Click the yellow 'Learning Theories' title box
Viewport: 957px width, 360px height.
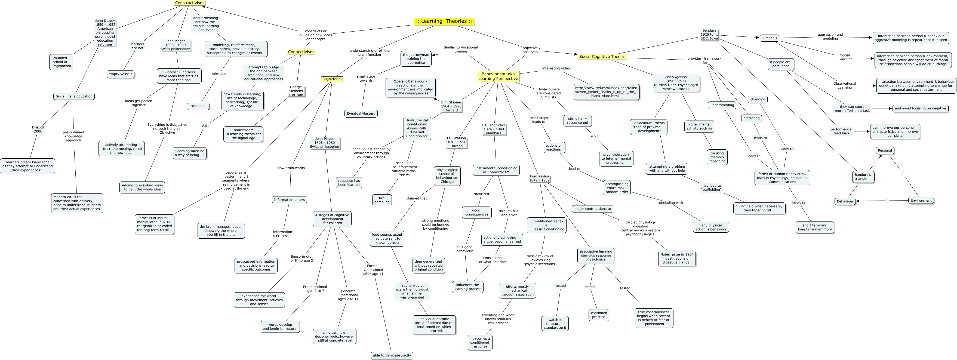(444, 21)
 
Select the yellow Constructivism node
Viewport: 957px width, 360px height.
(189, 3)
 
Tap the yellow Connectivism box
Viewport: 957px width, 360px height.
(301, 52)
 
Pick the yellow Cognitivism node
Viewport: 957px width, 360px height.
(332, 79)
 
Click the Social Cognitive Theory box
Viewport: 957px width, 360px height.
(602, 57)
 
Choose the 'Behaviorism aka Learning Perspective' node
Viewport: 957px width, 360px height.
(498, 76)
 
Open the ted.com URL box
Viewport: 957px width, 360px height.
(606, 92)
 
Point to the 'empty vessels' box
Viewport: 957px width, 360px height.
(120, 74)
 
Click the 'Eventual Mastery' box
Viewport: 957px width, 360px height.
(361, 113)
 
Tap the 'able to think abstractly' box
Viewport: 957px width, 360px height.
(392, 355)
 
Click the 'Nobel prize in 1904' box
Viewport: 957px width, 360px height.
(676, 258)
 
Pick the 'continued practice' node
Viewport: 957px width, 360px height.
(598, 315)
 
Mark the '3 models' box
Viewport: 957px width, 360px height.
(770, 38)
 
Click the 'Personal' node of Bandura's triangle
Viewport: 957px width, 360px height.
(885, 150)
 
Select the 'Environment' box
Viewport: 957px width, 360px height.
(921, 200)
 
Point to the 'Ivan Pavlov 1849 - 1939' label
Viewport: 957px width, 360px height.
(539, 178)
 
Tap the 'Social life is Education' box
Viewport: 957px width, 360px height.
(74, 96)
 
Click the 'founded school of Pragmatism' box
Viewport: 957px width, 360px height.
(61, 62)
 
